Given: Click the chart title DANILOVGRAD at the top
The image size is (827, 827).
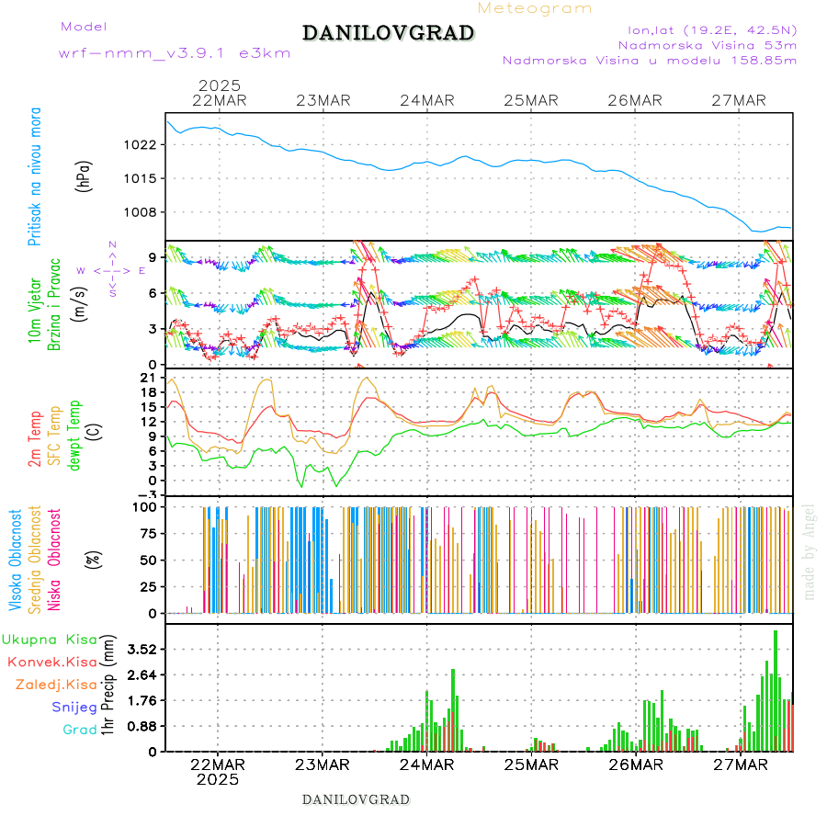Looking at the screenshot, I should [x=388, y=33].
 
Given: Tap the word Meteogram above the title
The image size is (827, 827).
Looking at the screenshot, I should [x=535, y=8].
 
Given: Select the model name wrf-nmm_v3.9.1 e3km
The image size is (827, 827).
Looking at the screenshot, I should [x=174, y=53].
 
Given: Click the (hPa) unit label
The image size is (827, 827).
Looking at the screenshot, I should [x=84, y=176].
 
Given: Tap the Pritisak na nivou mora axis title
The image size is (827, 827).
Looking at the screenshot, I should [x=34, y=176].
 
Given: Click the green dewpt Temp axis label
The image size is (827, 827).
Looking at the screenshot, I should [x=74, y=432].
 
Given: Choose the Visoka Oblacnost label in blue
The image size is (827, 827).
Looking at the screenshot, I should [x=16, y=561].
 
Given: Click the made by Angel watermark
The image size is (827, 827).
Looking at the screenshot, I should [x=810, y=551].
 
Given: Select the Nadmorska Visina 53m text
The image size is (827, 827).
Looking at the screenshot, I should [x=708, y=44].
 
